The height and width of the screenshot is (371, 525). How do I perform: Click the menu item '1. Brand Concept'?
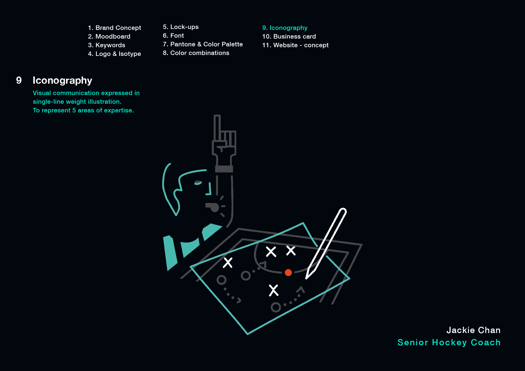(114, 28)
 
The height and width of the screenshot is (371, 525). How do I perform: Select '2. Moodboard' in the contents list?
(109, 36)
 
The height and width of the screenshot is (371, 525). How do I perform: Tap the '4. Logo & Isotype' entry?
(114, 54)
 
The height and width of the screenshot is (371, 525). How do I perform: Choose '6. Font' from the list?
(173, 36)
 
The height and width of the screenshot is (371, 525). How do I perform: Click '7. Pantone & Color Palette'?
(203, 44)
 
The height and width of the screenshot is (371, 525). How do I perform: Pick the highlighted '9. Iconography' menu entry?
(284, 28)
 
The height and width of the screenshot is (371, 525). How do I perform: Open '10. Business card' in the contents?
(289, 36)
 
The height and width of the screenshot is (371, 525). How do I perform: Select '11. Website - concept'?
(295, 45)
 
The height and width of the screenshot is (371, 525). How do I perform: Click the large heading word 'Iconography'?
(62, 80)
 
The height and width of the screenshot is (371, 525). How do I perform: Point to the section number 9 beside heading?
(19, 80)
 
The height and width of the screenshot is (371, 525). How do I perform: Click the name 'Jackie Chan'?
(473, 330)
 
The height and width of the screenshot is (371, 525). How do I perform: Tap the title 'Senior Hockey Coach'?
(449, 342)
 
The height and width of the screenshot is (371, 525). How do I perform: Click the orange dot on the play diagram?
(288, 272)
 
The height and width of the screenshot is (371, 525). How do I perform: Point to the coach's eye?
(198, 182)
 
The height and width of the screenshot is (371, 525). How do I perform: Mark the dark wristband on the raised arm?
(224, 169)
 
